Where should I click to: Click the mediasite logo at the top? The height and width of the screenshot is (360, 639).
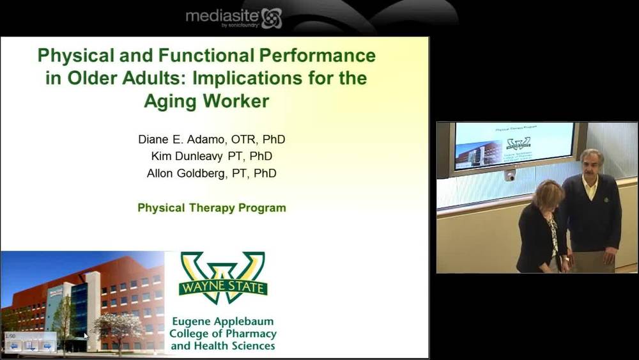(233, 17)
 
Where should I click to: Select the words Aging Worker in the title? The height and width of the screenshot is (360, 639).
(206, 101)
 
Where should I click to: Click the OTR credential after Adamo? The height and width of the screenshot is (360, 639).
(243, 139)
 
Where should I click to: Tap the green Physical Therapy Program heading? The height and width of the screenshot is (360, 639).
(212, 208)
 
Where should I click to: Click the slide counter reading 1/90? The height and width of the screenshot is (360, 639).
(10, 336)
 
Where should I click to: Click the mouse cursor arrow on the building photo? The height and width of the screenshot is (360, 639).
(86, 335)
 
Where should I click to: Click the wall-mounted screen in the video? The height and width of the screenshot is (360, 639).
(514, 146)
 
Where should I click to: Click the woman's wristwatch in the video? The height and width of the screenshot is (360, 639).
(564, 258)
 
